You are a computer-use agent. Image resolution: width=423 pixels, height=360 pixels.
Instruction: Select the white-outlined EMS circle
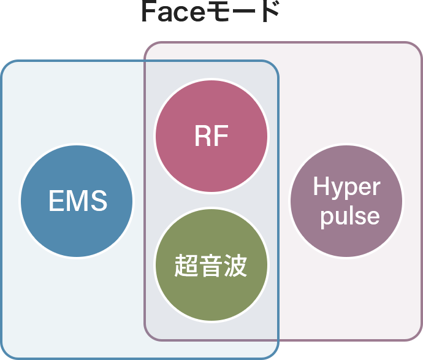(x=77, y=199)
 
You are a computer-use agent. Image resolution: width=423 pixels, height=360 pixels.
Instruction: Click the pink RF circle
(x=211, y=136)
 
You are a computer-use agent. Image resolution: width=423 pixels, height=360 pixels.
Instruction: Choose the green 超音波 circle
(x=211, y=265)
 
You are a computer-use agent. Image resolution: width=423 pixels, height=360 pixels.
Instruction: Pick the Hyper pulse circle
(x=346, y=201)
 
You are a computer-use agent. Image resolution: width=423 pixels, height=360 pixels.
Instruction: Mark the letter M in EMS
(x=77, y=201)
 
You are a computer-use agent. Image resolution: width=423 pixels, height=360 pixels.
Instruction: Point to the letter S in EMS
(x=99, y=201)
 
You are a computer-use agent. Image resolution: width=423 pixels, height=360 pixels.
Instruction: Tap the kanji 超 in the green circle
(x=186, y=266)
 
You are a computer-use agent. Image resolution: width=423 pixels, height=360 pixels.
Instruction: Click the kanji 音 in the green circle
(x=211, y=266)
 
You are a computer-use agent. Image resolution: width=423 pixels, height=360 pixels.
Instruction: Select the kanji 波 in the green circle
(x=236, y=266)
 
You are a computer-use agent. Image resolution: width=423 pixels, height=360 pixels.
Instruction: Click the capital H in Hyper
(x=321, y=186)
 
